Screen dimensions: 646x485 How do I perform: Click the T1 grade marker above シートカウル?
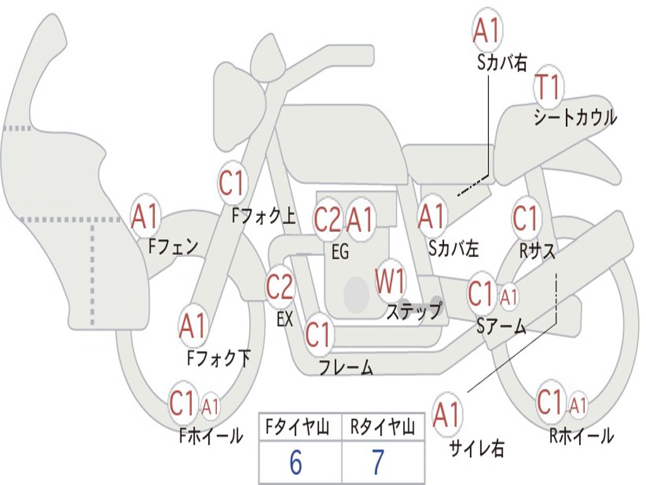[x=548, y=87]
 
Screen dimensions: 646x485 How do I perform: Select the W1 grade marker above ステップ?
[x=390, y=281]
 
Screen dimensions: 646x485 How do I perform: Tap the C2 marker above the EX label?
[x=279, y=286]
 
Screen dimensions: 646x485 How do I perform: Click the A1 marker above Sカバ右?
[x=488, y=30]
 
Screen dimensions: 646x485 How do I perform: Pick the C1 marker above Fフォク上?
[x=232, y=183]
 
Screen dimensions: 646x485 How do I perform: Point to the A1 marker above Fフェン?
[x=145, y=216]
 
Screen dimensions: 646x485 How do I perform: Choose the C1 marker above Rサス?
[x=526, y=217]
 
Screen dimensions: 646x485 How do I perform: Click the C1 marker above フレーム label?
[x=319, y=334]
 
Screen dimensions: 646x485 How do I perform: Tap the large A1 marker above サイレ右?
[x=447, y=414]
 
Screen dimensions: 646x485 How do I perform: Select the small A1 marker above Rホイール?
[x=578, y=405]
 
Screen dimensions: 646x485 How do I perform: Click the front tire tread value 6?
[x=296, y=462]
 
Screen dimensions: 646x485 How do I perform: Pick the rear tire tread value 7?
[x=378, y=462]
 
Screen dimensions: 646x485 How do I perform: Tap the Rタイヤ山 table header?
[x=382, y=427]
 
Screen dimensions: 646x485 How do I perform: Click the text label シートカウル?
[x=575, y=117]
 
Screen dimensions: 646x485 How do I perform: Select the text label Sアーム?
[x=502, y=327]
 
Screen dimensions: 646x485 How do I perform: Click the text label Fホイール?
[x=211, y=436]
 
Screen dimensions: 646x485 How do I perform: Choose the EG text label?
[x=340, y=251]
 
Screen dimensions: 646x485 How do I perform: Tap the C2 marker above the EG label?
[x=328, y=219]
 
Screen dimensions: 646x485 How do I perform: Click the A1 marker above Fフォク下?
[x=193, y=325]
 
